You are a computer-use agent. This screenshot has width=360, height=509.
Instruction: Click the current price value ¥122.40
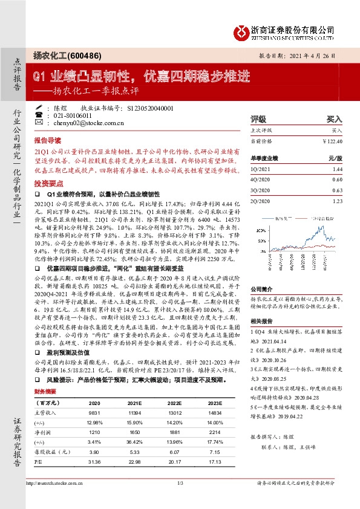(x=333, y=141)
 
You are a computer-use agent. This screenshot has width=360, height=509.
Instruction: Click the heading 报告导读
(x=47, y=139)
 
